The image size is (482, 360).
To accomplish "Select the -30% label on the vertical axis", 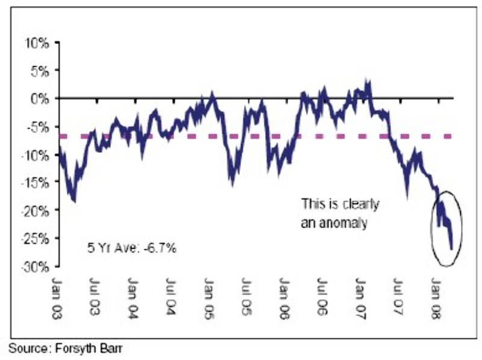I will (x=37, y=266).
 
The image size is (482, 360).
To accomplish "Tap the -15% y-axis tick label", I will (x=37, y=182).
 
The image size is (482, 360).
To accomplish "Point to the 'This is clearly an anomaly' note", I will (x=340, y=213).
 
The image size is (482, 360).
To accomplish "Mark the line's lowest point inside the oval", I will (x=452, y=248).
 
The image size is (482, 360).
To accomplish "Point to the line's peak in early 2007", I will (x=368, y=81).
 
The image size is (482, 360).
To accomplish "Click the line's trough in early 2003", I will (x=74, y=201).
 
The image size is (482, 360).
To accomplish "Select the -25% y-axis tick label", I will (x=37, y=238).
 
